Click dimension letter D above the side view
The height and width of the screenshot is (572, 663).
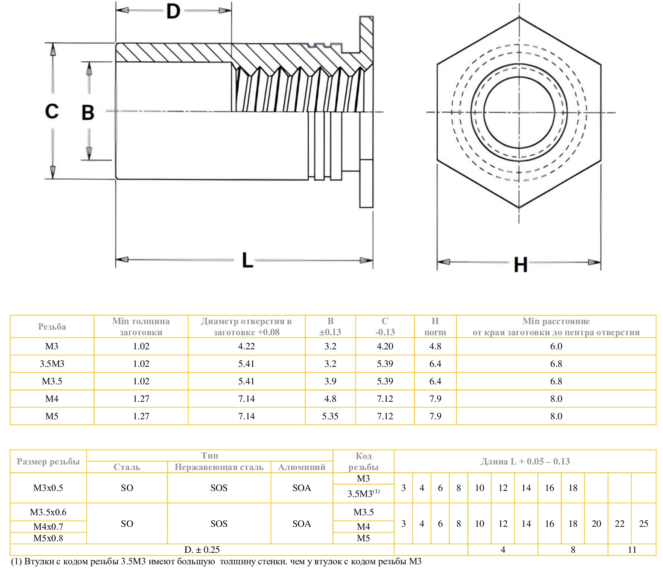173,12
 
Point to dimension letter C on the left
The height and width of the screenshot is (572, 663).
52,111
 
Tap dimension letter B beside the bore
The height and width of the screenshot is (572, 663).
88,112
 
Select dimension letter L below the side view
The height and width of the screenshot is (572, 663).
247,260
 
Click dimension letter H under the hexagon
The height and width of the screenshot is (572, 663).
520,264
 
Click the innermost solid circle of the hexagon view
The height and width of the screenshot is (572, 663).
519,113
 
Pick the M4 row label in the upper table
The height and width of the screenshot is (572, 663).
52,399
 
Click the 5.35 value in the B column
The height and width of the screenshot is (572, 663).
330,416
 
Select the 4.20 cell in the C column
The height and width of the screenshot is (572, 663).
385,346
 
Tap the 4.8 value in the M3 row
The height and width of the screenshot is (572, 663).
435,346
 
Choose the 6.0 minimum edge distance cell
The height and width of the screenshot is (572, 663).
556,346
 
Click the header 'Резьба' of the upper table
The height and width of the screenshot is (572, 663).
52,327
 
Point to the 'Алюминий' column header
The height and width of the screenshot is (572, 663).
301,467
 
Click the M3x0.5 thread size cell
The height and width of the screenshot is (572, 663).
48,488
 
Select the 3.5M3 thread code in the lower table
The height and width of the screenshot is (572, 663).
363,494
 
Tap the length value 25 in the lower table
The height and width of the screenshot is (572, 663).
643,524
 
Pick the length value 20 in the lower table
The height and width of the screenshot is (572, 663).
596,524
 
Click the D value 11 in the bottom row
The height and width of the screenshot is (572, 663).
632,550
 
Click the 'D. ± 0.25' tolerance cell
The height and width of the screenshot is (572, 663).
202,550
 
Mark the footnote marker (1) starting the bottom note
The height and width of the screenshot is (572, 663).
16,562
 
